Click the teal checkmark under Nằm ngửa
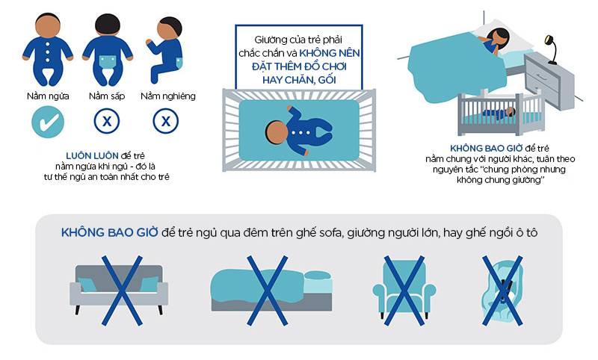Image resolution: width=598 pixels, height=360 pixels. pyautogui.click(x=48, y=122)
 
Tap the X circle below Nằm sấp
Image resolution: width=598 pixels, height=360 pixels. pyautogui.click(x=107, y=122)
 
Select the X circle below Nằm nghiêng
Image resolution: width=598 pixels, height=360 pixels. pyautogui.click(x=165, y=122)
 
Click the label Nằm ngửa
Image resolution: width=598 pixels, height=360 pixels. pyautogui.click(x=48, y=96)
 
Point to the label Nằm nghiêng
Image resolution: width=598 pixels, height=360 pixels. pyautogui.click(x=168, y=96)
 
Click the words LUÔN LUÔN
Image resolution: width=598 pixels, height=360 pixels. pyautogui.click(x=92, y=156)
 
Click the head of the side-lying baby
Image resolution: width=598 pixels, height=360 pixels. pyautogui.click(x=170, y=28)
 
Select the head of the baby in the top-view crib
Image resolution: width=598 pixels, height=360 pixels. pyautogui.click(x=277, y=132)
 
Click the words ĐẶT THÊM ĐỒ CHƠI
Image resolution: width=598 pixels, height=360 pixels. pyautogui.click(x=299, y=66)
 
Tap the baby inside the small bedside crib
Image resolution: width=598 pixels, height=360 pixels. pyautogui.click(x=499, y=113)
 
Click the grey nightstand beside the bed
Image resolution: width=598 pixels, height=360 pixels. pyautogui.click(x=549, y=81)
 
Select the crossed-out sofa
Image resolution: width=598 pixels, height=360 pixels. pyautogui.click(x=119, y=289)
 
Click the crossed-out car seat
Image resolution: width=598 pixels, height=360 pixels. pyautogui.click(x=502, y=291)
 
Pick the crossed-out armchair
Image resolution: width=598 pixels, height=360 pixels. pyautogui.click(x=404, y=291)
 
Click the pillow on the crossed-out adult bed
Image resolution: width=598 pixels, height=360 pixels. pyautogui.click(x=318, y=276)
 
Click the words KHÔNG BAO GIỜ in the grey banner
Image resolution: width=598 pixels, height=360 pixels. pyautogui.click(x=109, y=232)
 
